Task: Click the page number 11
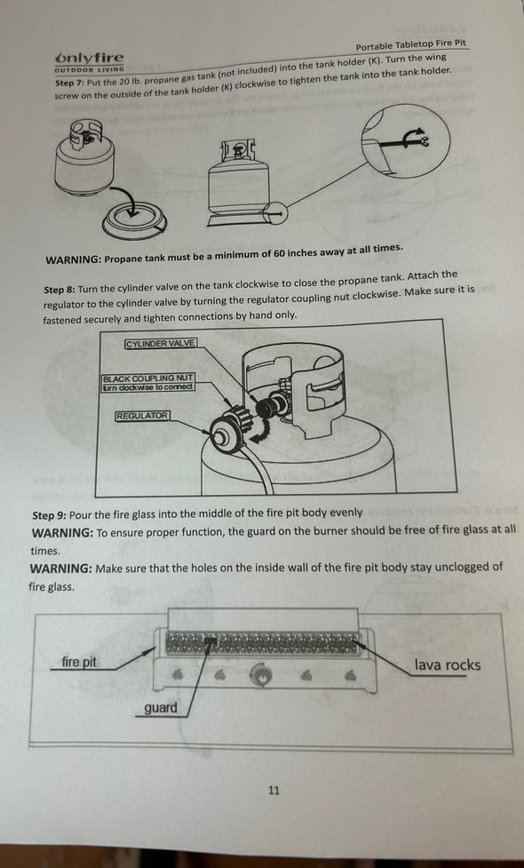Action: tap(274, 789)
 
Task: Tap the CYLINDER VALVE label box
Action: tap(161, 343)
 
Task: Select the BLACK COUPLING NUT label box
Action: tap(148, 382)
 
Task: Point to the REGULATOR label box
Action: tap(141, 416)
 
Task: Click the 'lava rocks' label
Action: tap(447, 665)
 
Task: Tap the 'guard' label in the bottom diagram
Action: tap(161, 708)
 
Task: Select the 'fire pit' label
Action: tap(79, 662)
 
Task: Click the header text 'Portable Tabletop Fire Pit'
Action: tap(412, 46)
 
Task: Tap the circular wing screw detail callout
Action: tap(404, 141)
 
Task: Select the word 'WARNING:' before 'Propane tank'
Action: tap(73, 260)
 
